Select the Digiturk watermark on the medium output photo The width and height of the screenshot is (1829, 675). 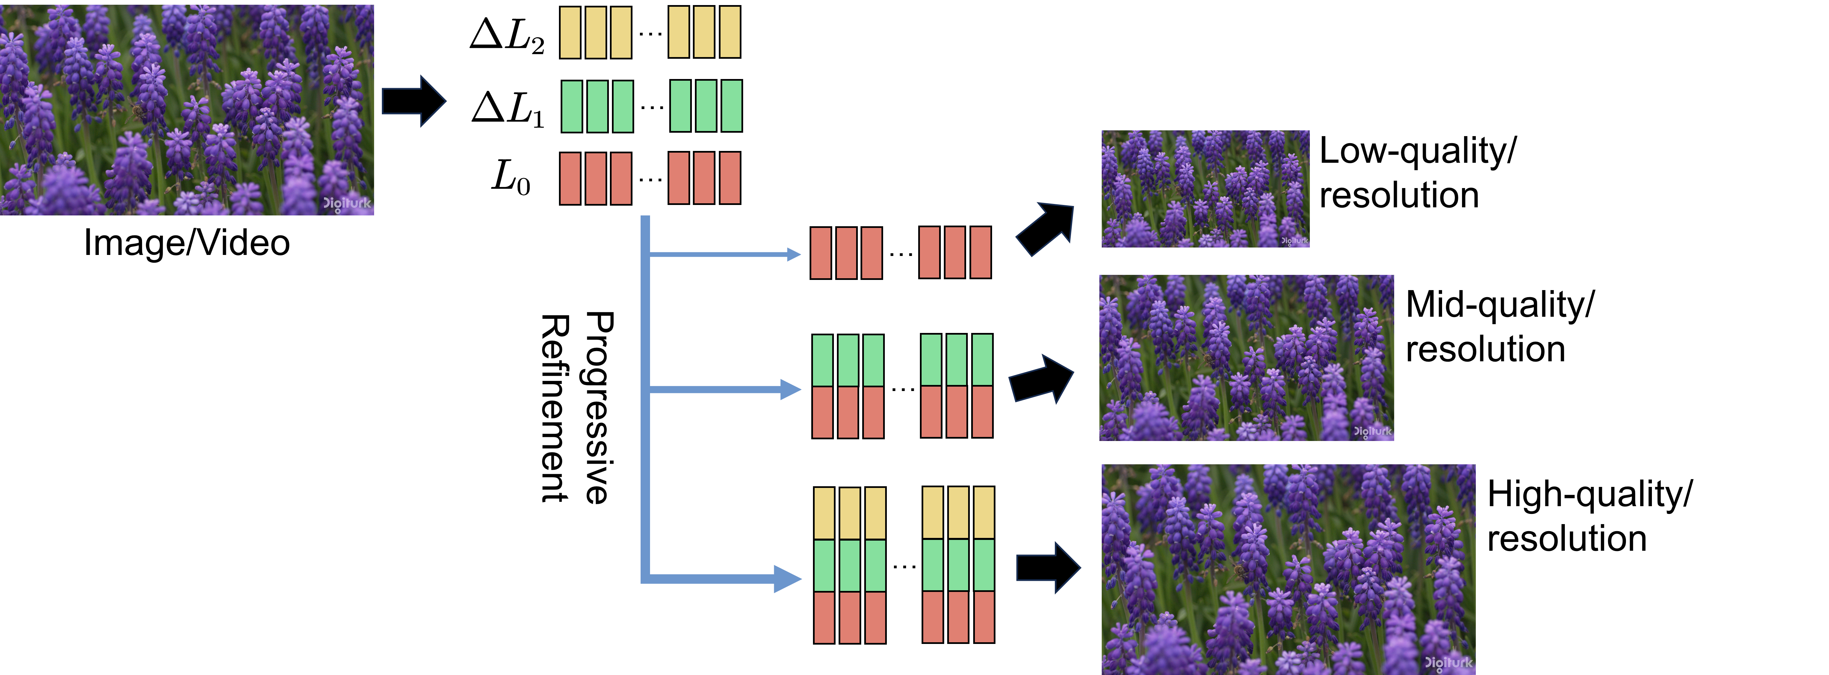pos(1373,431)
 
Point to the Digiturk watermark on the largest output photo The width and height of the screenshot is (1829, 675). pos(1448,663)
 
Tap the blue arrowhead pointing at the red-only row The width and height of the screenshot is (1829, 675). pos(794,254)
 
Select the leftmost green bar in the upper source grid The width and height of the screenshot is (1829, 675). pos(571,107)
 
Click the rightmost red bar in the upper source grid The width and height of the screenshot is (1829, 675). pos(730,178)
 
